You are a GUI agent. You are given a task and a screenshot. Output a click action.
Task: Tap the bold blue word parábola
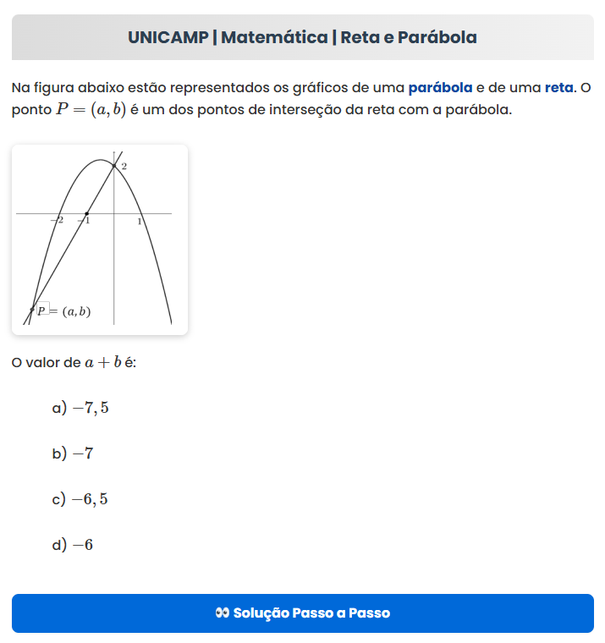(440, 87)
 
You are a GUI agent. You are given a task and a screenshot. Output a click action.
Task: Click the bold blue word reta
(558, 87)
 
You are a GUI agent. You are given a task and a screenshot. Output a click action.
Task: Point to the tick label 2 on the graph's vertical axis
(124, 167)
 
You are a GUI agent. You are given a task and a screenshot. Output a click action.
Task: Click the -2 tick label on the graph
(58, 220)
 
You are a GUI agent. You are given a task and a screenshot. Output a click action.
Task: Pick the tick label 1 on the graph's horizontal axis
(140, 221)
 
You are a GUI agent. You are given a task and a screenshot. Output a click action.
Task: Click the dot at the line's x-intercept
(86, 213)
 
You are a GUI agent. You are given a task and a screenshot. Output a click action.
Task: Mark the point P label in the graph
(64, 311)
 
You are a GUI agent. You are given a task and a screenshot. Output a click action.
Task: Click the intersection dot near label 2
(114, 165)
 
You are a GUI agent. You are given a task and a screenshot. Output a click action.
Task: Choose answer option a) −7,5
(80, 409)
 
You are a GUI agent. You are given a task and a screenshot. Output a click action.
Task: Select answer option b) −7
(73, 454)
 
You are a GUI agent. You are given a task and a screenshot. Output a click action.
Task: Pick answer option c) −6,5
(80, 499)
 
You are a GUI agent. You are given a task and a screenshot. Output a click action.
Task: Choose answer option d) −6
(73, 545)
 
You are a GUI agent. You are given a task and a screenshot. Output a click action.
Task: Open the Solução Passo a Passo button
(303, 613)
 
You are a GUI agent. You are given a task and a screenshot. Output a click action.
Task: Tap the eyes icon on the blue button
(222, 613)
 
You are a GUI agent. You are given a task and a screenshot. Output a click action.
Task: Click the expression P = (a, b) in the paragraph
(91, 111)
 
